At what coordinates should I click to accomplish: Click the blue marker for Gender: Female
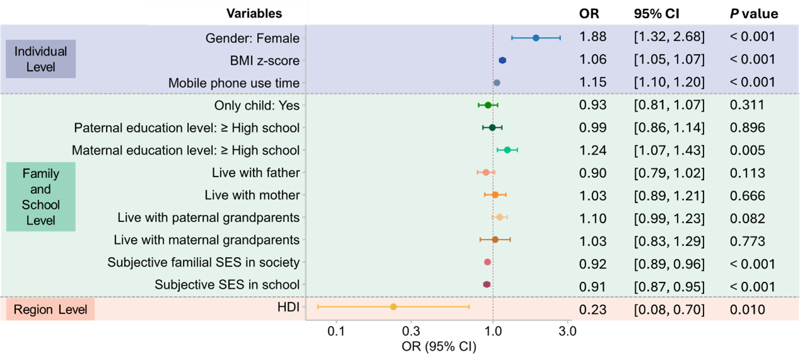coord(536,38)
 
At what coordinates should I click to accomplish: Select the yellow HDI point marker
coord(393,306)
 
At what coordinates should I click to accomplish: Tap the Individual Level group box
coord(41,59)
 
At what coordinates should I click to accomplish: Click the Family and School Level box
coord(41,197)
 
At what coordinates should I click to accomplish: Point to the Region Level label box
coord(51,310)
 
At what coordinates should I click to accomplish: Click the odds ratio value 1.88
coord(593,37)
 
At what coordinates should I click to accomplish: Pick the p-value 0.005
coord(747,150)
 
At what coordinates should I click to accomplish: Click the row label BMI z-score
coord(265,61)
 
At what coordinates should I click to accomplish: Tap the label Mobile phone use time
coord(234,83)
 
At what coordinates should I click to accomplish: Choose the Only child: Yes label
coord(257,105)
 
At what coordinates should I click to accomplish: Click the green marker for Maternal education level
coord(507,150)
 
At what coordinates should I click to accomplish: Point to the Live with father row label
coord(256,173)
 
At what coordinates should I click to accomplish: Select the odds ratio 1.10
coord(593,218)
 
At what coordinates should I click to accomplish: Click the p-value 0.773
coord(747,241)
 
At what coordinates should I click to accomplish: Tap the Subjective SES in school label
coord(227,285)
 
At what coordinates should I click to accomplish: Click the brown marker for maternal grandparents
coord(495,240)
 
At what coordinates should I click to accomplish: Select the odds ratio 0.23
coord(593,310)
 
